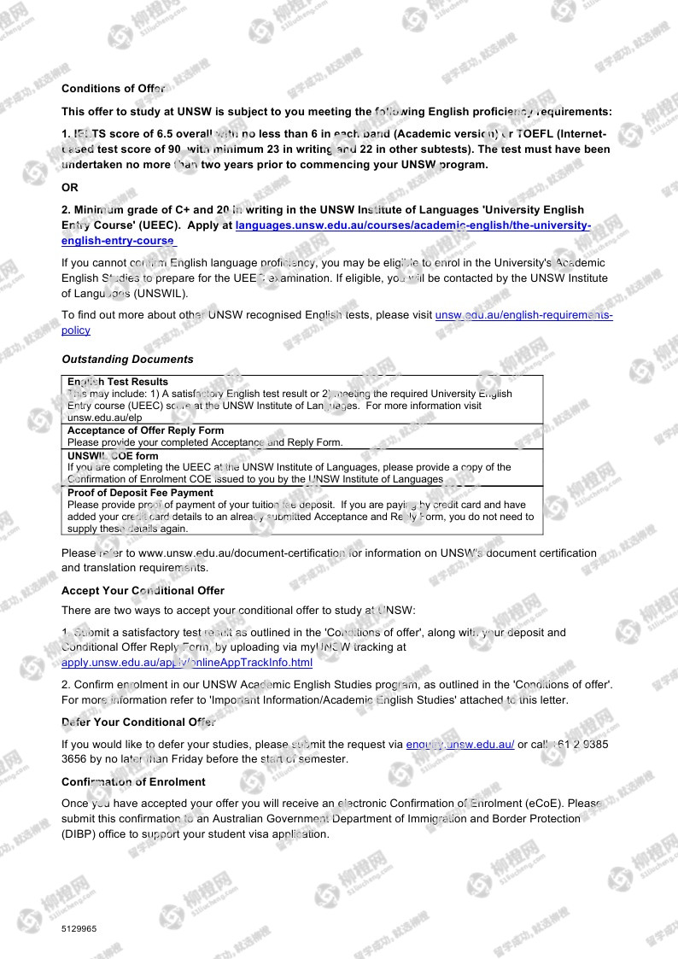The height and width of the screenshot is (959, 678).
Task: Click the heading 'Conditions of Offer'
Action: (x=113, y=88)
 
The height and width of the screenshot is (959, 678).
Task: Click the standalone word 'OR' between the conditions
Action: (x=69, y=187)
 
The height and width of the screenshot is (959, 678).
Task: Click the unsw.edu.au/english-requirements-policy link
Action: (x=523, y=315)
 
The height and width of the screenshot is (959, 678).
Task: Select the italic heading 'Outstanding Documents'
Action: (x=127, y=359)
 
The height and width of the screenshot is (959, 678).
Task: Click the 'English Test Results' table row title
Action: (x=118, y=382)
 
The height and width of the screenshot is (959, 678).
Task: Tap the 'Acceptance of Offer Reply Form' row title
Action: (x=145, y=430)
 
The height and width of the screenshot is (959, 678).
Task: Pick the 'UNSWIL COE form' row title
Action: (x=113, y=456)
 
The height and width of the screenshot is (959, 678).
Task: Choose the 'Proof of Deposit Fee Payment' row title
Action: (x=140, y=493)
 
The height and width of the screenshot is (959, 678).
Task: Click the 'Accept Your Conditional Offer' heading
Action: (x=143, y=590)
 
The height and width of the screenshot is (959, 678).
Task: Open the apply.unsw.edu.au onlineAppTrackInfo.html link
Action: (x=187, y=663)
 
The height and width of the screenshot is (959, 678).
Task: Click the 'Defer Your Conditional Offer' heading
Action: (x=137, y=722)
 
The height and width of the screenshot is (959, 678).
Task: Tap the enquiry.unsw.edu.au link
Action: (x=459, y=744)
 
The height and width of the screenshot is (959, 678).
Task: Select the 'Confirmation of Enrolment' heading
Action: (x=133, y=781)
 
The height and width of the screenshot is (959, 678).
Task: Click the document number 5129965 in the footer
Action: (x=79, y=928)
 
